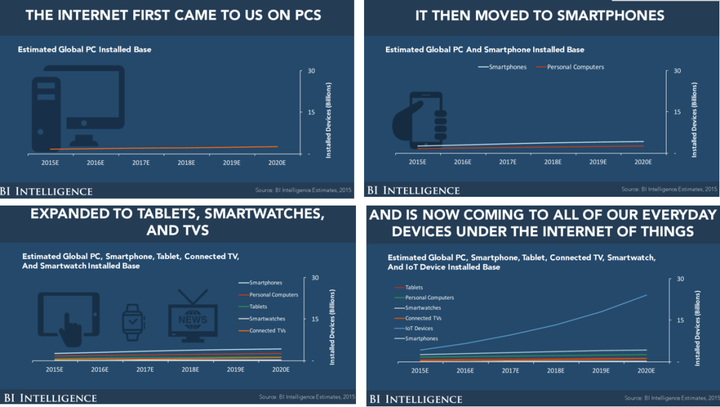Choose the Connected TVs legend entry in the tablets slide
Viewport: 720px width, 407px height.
pos(267,331)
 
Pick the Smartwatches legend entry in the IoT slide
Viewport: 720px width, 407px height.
pos(423,308)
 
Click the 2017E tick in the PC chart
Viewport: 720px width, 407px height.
pos(140,162)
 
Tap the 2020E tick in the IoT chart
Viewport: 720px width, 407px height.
pos(647,370)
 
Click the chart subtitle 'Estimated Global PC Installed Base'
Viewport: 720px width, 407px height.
pos(84,49)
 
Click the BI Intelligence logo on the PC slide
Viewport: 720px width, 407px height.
pos(46,191)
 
